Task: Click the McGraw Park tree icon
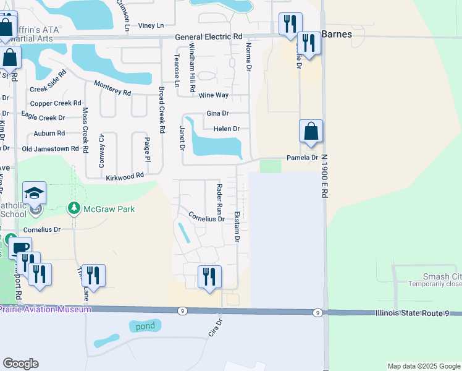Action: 75,209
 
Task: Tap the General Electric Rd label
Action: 209,37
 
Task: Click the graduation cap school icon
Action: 35,192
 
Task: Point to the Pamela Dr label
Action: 301,158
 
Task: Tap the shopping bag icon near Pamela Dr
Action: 311,131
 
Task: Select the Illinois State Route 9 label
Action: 417,313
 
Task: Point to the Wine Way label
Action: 214,95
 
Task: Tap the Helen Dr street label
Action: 226,129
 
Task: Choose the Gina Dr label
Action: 217,114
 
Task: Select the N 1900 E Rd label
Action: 323,176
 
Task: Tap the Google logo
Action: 20,364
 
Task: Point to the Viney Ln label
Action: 151,25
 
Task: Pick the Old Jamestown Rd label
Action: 50,149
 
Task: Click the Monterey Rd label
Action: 112,88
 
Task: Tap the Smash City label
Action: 442,276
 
